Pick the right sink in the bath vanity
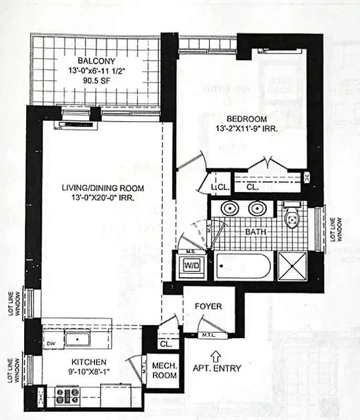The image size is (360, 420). click(257, 208)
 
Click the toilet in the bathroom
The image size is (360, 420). click(291, 217)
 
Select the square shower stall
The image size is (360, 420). click(292, 266)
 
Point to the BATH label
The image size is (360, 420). click(257, 231)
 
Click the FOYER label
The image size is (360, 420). click(208, 306)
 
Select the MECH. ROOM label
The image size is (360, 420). click(164, 371)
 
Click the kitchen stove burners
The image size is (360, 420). click(67, 395)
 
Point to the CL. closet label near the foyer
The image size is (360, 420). click(166, 343)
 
